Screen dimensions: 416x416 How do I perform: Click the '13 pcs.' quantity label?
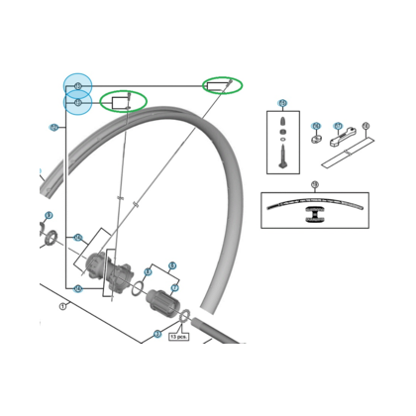pyautogui.click(x=179, y=336)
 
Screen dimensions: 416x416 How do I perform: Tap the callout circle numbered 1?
pyautogui.click(x=61, y=306)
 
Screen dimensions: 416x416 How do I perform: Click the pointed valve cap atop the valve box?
pyautogui.click(x=282, y=122)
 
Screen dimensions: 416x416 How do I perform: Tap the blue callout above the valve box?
pyautogui.click(x=282, y=103)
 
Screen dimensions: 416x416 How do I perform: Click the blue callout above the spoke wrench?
pyautogui.click(x=338, y=127)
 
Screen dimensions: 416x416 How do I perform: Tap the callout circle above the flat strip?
pyautogui.click(x=365, y=126)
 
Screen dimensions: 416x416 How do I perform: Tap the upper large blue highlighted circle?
pyautogui.click(x=78, y=86)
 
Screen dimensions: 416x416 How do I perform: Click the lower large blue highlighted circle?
pyautogui.click(x=78, y=102)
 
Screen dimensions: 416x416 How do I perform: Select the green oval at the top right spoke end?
pyautogui.click(x=221, y=84)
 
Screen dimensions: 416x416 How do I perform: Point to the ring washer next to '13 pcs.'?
pyautogui.click(x=183, y=318)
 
